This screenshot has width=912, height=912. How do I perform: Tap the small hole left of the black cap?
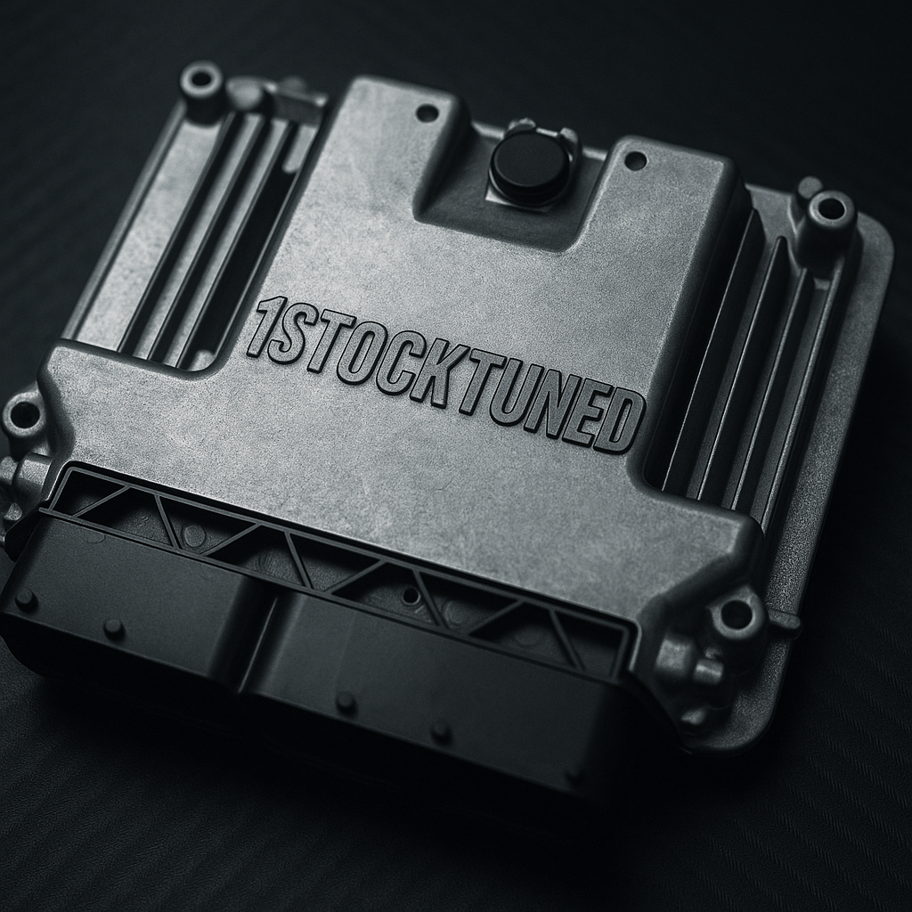427,113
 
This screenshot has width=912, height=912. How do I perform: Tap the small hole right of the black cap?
635,161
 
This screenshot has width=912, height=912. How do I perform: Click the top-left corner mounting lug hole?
201,81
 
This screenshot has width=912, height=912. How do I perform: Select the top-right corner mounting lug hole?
830,210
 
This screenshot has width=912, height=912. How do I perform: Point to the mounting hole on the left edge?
23,415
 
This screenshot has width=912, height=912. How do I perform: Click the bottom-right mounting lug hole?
736,614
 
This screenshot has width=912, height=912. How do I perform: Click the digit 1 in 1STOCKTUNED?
259,328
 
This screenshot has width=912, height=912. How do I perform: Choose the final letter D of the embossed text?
622,424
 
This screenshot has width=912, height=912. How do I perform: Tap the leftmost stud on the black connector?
26,599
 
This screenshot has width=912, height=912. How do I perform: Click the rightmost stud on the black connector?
440,732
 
